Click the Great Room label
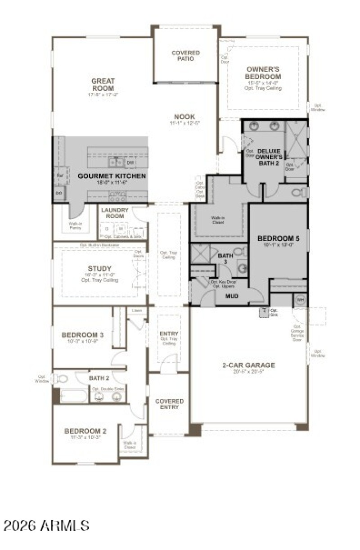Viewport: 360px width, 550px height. pyautogui.click(x=103, y=85)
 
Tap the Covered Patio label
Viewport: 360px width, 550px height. pyautogui.click(x=185, y=56)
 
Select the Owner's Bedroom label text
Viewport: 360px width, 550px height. pyautogui.click(x=263, y=73)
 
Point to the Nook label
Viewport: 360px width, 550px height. pyautogui.click(x=185, y=117)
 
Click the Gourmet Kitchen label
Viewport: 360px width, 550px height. pyautogui.click(x=112, y=176)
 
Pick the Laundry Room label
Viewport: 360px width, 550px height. pyautogui.click(x=115, y=213)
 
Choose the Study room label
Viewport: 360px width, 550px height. pyautogui.click(x=100, y=269)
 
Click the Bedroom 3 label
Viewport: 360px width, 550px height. pyautogui.click(x=83, y=335)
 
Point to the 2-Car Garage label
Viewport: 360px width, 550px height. pyautogui.click(x=248, y=365)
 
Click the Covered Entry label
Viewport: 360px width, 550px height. pyautogui.click(x=169, y=404)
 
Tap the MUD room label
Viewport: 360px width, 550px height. pyautogui.click(x=232, y=296)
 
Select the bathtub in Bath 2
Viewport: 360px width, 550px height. pyautogui.click(x=73, y=397)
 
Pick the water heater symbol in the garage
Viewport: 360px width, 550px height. pyautogui.click(x=299, y=300)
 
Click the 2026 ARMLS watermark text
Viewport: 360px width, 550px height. pyautogui.click(x=47, y=525)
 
